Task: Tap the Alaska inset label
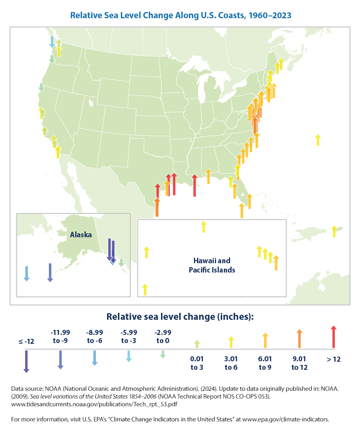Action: point(81,235)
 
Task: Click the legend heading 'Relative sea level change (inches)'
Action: point(180,317)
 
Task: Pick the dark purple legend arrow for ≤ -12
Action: point(26,361)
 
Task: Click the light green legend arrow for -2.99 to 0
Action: point(163,354)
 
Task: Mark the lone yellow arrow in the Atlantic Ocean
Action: point(318,140)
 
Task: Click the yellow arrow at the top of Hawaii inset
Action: point(203,227)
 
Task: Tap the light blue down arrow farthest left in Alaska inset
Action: point(26,273)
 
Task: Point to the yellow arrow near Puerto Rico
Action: point(334,231)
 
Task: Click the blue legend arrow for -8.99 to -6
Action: point(94,357)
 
